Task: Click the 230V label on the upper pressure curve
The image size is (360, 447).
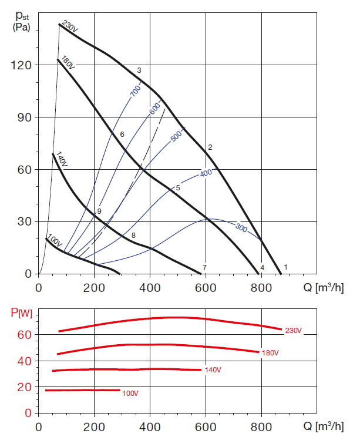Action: click(x=70, y=28)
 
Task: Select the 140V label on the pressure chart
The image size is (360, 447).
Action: click(x=61, y=159)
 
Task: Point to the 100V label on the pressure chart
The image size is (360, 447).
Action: click(x=55, y=241)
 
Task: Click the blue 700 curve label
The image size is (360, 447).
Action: click(x=135, y=90)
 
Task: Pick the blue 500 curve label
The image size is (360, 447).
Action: click(x=177, y=135)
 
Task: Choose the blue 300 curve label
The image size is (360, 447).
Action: click(x=241, y=227)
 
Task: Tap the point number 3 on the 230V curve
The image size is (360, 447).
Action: click(x=139, y=70)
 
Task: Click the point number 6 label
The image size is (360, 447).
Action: click(x=122, y=135)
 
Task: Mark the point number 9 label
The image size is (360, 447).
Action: click(x=100, y=211)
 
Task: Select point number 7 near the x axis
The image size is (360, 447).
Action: click(x=204, y=268)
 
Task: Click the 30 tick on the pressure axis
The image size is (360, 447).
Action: click(x=26, y=222)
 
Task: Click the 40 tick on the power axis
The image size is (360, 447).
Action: click(x=26, y=361)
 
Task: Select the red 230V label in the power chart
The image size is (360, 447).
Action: click(x=293, y=331)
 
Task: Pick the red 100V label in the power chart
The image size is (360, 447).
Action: click(x=130, y=392)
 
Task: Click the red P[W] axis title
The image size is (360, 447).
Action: click(x=21, y=312)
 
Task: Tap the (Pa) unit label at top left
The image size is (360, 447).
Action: click(x=21, y=27)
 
